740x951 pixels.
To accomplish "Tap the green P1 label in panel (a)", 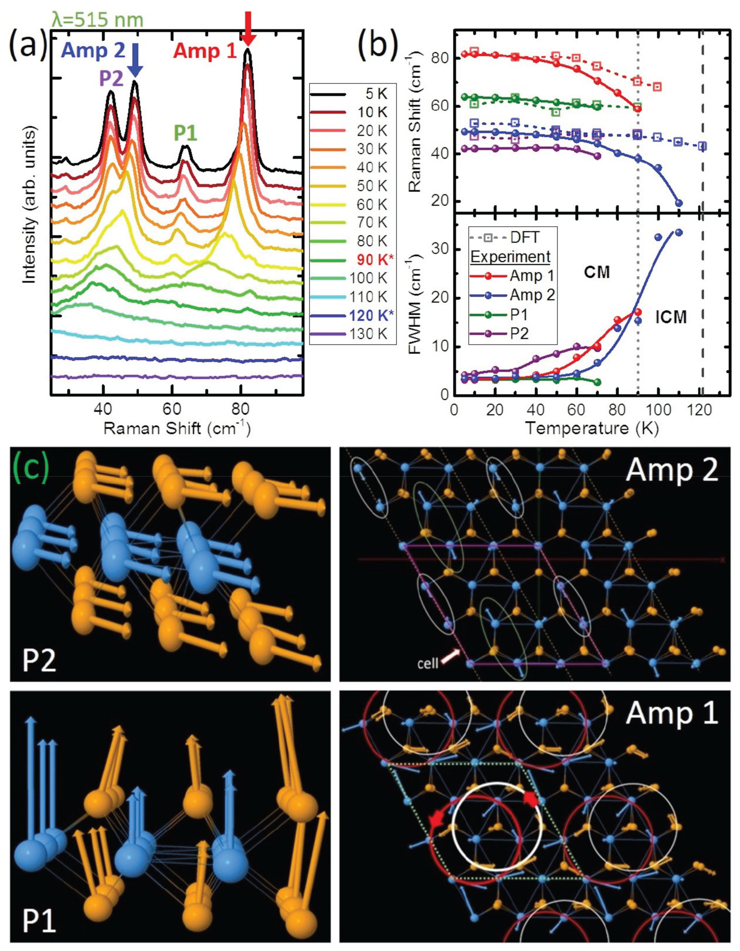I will coord(186,133).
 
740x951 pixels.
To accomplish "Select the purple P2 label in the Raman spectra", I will coord(112,79).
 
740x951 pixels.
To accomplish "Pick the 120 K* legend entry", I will coord(371,315).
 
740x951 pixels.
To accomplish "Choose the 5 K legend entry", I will coord(376,94).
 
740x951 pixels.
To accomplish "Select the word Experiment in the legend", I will coord(510,257).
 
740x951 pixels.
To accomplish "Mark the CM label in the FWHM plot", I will coord(597,272).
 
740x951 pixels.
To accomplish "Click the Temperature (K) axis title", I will coord(592,429).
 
